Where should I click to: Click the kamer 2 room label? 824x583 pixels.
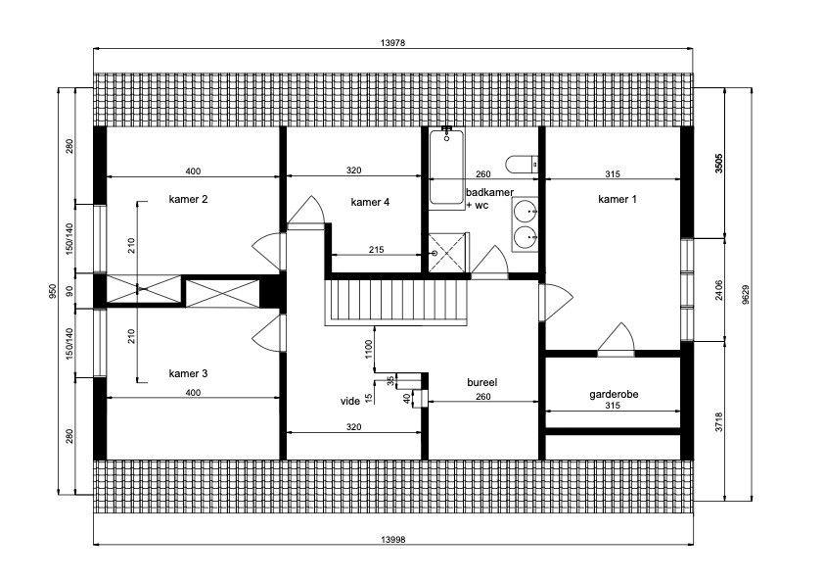click(189, 199)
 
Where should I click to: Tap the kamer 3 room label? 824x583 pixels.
click(189, 373)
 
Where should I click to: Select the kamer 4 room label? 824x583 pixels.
click(370, 202)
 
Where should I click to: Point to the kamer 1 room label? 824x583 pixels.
click(618, 199)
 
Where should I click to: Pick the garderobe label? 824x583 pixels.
click(614, 394)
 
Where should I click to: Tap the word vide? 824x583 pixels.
click(350, 401)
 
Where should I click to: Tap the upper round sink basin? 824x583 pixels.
click(526, 210)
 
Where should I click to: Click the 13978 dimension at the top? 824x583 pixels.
click(392, 42)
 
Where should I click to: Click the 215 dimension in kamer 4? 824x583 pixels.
click(376, 249)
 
